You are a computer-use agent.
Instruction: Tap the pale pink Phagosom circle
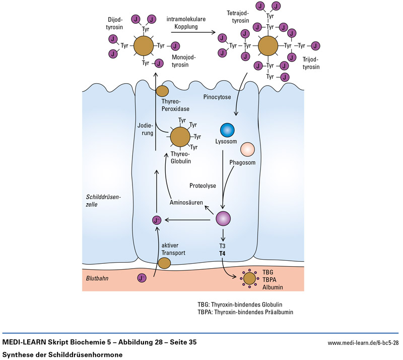248,150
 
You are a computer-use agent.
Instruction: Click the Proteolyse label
203,186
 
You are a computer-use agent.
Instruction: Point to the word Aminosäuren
186,202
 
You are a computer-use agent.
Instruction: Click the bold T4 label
222,252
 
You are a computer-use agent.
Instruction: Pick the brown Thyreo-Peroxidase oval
162,91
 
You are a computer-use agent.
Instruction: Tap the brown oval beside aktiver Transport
164,263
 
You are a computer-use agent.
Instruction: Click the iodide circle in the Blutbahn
143,277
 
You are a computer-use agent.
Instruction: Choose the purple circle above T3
223,219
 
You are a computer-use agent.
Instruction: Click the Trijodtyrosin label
311,63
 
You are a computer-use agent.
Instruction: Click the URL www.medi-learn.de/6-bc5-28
363,343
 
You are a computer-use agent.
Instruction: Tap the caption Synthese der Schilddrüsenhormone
62,354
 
